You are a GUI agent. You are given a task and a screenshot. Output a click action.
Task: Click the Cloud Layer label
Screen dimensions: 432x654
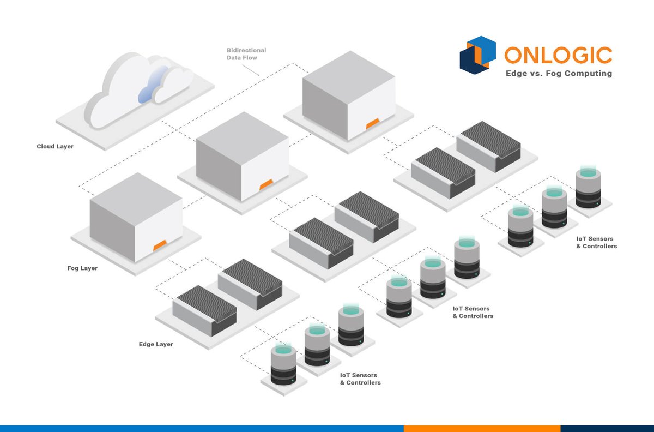tap(55, 147)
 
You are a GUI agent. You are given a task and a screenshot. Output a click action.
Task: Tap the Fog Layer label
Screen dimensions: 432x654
tap(82, 268)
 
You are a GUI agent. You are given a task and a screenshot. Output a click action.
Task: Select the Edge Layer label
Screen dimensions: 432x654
tap(156, 344)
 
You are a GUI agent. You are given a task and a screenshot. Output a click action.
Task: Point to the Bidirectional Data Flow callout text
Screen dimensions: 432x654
tap(246, 54)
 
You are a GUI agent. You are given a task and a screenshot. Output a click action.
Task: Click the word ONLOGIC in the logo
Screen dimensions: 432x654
tap(558, 55)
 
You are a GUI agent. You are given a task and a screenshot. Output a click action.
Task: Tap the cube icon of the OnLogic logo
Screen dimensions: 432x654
tap(478, 54)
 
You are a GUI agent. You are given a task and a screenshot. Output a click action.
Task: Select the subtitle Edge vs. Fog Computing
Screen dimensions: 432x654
tap(558, 74)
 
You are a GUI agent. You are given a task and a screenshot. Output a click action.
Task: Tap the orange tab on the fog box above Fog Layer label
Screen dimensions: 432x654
tap(159, 246)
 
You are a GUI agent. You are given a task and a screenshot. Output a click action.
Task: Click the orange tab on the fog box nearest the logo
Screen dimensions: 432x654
tap(373, 124)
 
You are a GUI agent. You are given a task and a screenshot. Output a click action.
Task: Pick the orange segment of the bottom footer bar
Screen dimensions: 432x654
tap(482, 428)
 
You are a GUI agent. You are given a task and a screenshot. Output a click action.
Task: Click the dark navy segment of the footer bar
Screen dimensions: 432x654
tap(607, 428)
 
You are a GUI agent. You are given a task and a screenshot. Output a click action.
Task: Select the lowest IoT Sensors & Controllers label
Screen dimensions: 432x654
tap(360, 379)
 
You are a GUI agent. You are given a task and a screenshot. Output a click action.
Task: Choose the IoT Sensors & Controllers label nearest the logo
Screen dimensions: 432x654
tap(597, 243)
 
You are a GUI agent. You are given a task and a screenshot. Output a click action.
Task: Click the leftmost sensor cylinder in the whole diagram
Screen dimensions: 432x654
tap(283, 365)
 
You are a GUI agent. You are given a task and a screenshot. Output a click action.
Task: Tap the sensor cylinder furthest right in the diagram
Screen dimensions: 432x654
tap(589, 189)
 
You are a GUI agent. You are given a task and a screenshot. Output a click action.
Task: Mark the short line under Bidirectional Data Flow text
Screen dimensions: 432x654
tap(251, 68)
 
